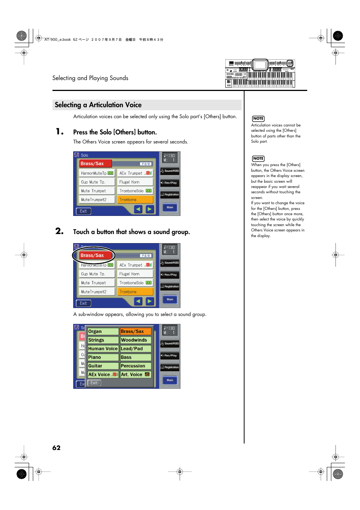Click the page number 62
pos(56,448)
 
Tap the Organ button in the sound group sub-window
pos(103,331)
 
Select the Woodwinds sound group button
pos(135,340)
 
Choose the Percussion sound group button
pos(135,366)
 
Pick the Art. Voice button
pos(135,374)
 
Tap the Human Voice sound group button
pos(103,349)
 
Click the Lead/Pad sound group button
pos(135,349)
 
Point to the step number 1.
pos(59,131)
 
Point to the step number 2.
pos(59,231)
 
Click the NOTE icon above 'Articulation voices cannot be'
pos(258,119)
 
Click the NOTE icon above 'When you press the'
pos(258,159)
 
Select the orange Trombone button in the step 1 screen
pos(135,200)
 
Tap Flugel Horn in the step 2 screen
pos(135,274)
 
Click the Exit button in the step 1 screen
pos(83,211)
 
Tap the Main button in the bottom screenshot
pos(170,380)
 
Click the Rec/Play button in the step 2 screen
pos(170,275)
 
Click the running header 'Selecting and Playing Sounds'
pos(90,78)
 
